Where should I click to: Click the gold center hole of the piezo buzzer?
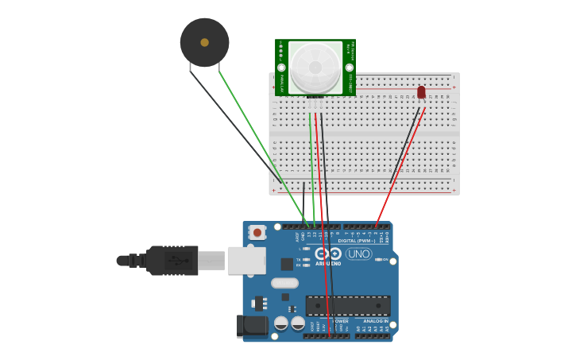point(204,42)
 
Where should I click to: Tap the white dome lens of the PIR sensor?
point(315,67)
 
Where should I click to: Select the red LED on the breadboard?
point(421,92)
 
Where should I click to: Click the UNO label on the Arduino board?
point(358,254)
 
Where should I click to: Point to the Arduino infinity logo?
point(327,254)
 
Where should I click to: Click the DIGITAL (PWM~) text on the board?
point(357,240)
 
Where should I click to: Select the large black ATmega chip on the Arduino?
point(348,305)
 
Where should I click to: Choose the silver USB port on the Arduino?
point(246,260)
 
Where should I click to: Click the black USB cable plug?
point(171,260)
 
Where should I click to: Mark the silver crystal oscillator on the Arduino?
point(284,283)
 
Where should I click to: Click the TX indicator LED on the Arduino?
point(307,259)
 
